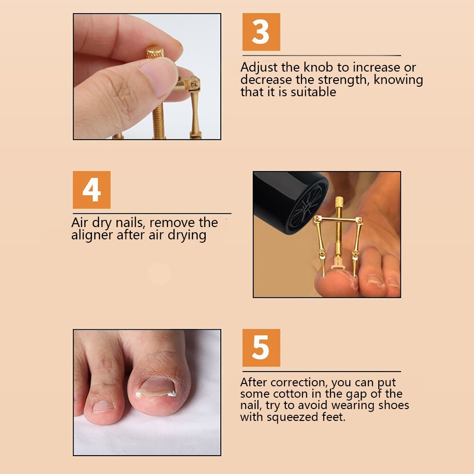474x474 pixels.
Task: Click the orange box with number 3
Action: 261,32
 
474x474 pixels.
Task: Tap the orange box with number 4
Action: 91,190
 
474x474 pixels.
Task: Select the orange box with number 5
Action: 261,348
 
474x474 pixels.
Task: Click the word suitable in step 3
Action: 313,92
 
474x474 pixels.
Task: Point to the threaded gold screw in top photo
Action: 158,121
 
